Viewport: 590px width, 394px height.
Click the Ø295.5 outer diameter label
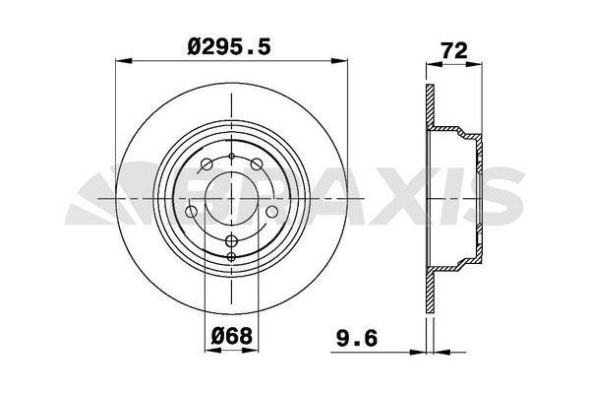pos(231,45)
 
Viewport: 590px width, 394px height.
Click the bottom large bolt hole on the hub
pos(231,242)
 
